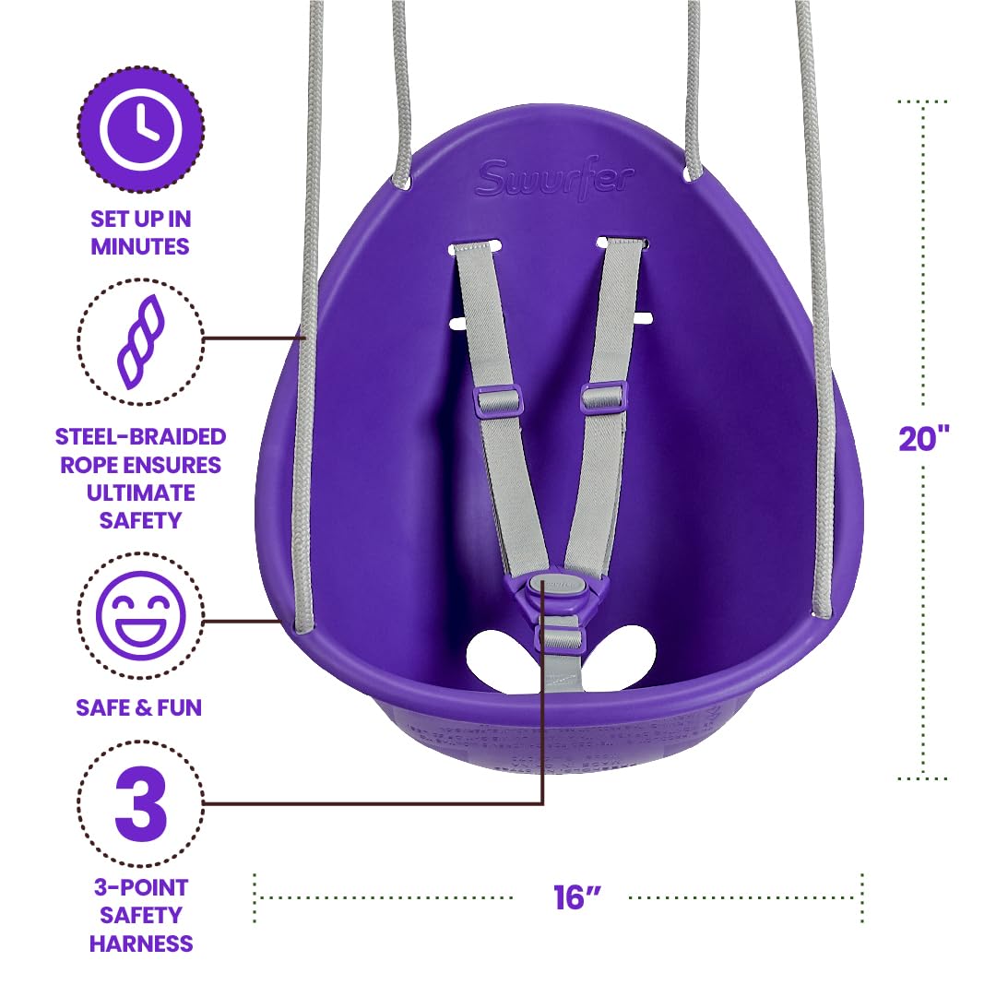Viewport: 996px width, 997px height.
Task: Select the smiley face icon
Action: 141,614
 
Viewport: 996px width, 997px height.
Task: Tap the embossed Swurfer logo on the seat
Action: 555,178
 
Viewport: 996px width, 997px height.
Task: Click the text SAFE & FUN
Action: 140,707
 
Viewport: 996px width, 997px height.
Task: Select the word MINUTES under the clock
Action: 141,246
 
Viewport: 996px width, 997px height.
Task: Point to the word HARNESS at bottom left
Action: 141,943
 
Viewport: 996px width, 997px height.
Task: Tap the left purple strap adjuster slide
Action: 498,401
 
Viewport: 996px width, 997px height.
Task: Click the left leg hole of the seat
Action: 498,657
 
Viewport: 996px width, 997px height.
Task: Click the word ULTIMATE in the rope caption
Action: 141,493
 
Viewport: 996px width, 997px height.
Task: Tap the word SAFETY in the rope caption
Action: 141,520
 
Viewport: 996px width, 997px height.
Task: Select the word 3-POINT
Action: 141,887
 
